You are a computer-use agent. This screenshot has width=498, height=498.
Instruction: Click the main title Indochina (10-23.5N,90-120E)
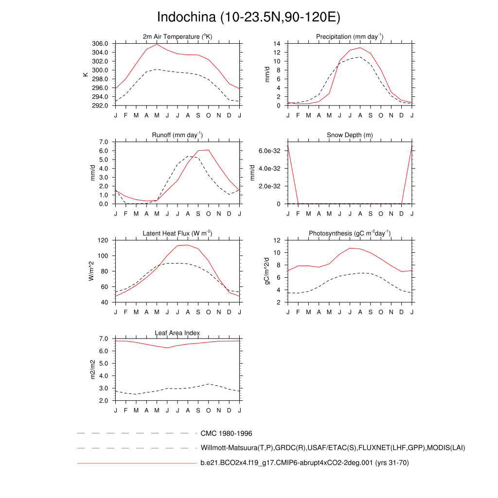pos(249,18)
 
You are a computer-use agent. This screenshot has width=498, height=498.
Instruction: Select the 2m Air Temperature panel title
pos(178,37)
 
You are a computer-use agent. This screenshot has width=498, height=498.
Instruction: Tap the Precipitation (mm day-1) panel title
pos(350,37)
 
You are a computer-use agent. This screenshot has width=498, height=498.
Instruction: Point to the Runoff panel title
pos(178,135)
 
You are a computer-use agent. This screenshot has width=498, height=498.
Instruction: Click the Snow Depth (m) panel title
pos(350,135)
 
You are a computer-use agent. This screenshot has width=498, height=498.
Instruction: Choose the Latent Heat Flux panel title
pos(178,233)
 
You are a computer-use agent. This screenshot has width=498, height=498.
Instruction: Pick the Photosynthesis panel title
pos(350,233)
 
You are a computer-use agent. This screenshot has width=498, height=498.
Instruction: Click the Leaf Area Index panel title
pos(178,333)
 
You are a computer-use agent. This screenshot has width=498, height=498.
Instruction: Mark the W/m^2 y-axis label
pos(91,271)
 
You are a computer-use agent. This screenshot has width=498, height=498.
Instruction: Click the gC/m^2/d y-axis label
pos(266,271)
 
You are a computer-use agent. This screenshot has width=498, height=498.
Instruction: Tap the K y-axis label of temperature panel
pos(86,74)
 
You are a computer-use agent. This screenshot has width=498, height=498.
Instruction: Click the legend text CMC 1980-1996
pos(226,433)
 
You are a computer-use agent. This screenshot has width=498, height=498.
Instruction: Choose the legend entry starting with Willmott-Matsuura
pos(333,448)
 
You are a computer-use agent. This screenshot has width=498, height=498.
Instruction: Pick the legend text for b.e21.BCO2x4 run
pos(304,463)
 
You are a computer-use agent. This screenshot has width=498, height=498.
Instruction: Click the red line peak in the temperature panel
pos(157,44)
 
